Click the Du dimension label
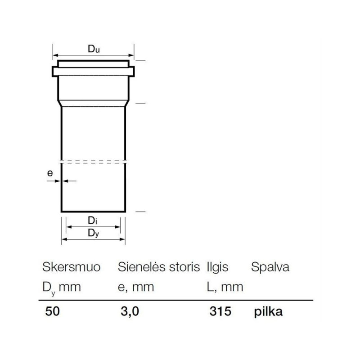pyautogui.click(x=94, y=49)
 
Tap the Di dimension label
pyautogui.click(x=93, y=220)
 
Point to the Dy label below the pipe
pyautogui.click(x=94, y=233)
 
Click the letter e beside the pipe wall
pyautogui.click(x=50, y=173)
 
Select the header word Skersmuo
pyautogui.click(x=72, y=267)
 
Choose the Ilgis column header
pyautogui.click(x=217, y=267)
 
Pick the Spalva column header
pyautogui.click(x=270, y=267)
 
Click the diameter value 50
pyautogui.click(x=52, y=311)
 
